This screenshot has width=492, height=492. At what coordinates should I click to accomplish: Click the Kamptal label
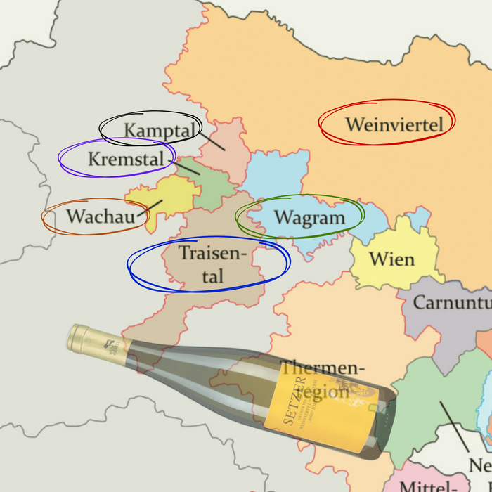[158, 130]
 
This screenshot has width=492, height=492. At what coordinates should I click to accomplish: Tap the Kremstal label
[130, 159]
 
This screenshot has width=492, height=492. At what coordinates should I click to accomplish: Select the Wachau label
[100, 216]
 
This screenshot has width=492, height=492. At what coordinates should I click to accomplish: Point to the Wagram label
[309, 217]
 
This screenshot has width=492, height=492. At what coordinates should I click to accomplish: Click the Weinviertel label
[394, 125]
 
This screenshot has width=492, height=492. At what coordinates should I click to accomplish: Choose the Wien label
[391, 259]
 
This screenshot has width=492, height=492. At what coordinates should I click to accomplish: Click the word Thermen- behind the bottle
[323, 368]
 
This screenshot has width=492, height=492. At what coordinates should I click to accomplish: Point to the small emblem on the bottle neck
[112, 346]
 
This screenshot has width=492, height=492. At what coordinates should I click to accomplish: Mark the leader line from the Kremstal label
[186, 168]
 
